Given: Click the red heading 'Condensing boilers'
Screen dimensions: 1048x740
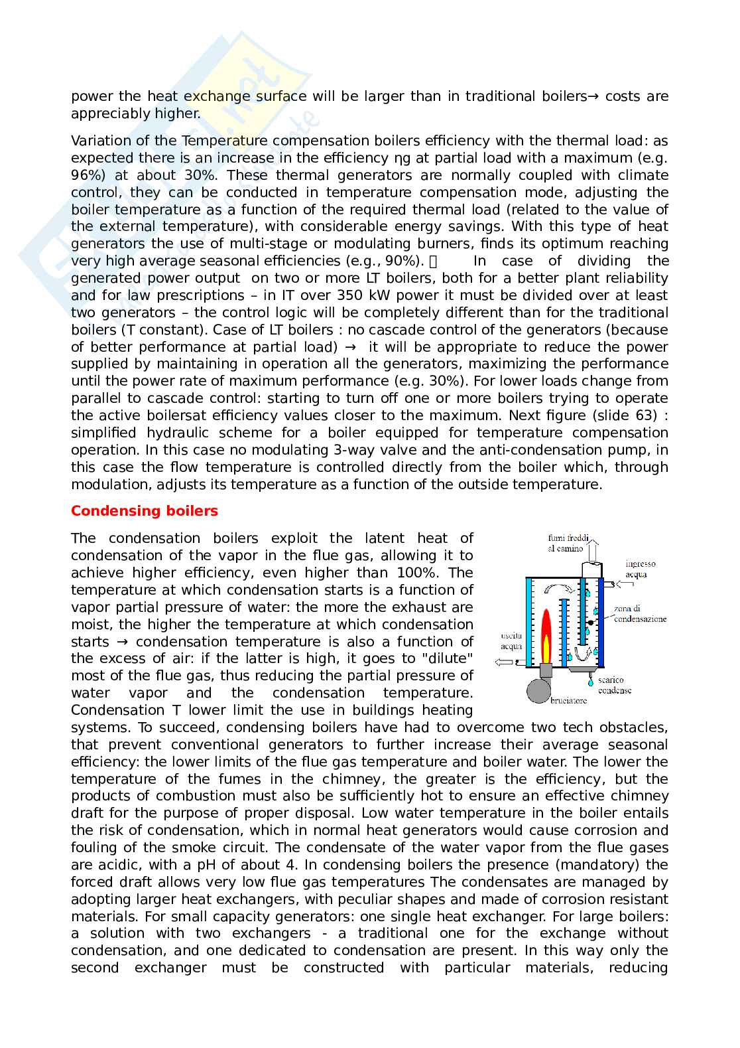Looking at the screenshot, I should coord(144,511).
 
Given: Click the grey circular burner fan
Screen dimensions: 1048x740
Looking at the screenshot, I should coord(539,690).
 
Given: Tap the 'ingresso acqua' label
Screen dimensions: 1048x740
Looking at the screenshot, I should coord(639,569).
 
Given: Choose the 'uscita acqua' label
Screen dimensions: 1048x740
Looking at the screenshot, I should coord(511,640).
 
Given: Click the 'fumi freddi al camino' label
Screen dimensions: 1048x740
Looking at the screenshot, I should coord(565,544).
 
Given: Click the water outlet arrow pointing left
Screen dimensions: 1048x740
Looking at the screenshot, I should coord(506,662).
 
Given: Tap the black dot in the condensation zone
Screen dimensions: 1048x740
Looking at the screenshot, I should coord(589,623).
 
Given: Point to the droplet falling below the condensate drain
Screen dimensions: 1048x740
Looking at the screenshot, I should coord(589,681).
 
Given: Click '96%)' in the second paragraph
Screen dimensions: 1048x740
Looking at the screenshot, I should coord(88,175).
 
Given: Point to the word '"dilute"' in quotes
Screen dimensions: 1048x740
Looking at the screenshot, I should coord(450,658).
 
